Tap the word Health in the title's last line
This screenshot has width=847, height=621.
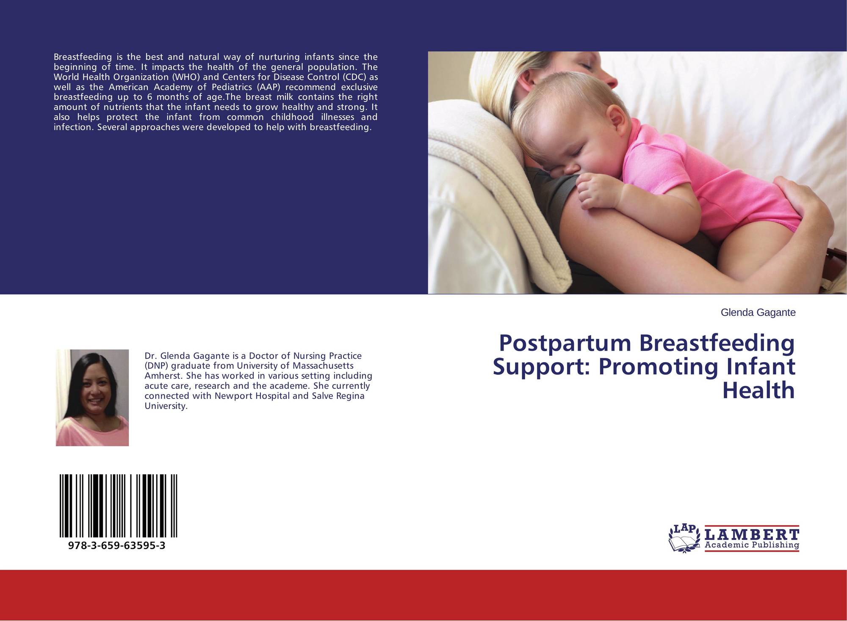[x=758, y=390]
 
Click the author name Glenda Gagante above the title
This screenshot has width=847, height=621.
[x=758, y=313]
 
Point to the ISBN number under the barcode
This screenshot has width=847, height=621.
[x=116, y=546]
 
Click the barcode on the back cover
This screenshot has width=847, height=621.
[x=118, y=506]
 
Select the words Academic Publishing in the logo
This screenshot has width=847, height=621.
[x=752, y=545]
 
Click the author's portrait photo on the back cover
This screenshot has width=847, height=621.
[x=92, y=398]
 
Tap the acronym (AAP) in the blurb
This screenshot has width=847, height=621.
[x=268, y=87]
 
